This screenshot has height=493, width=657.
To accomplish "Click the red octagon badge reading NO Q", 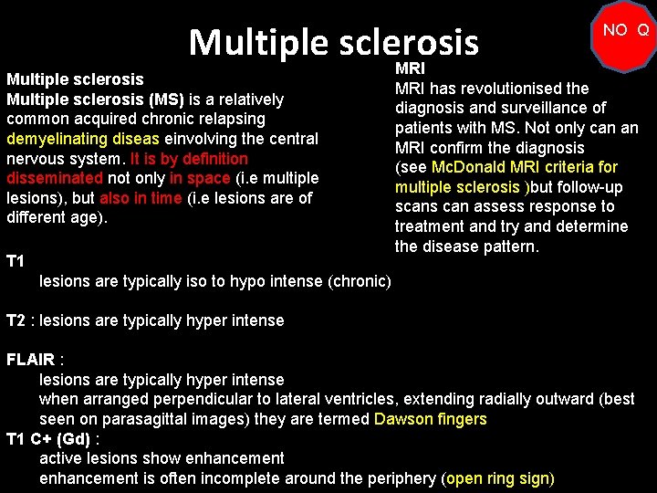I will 625,31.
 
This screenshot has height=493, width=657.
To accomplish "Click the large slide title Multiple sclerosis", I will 333,42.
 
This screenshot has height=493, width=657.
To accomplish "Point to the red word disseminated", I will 55,178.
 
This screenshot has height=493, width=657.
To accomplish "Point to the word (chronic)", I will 360,280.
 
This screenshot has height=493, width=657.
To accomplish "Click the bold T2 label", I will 16,320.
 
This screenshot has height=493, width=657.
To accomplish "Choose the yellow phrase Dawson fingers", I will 430,419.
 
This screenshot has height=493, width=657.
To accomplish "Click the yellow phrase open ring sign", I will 497,477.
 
